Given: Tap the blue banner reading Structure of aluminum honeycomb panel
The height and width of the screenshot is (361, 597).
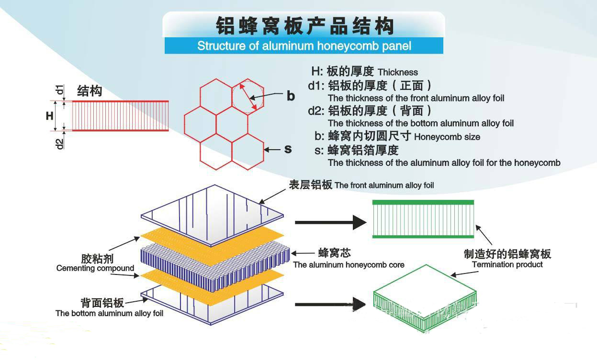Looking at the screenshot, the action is pos(304,46).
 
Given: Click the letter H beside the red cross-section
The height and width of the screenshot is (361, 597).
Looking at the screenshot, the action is pos(50,116).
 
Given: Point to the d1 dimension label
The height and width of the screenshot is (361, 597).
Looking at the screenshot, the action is pos(60,89).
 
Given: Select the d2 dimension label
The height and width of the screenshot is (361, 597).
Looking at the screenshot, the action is pos(60,144).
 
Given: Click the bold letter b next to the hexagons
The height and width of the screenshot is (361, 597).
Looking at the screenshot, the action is pos(291,96).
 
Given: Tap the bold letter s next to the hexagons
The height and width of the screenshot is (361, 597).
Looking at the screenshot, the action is pos(288,149).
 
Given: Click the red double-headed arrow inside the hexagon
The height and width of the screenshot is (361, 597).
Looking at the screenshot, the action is pos(248,97).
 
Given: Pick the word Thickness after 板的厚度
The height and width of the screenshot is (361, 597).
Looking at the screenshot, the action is pos(398,72).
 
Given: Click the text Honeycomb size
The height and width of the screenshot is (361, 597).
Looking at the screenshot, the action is pos(447,137).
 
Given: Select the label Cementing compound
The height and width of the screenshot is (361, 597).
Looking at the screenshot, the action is pos(95,268).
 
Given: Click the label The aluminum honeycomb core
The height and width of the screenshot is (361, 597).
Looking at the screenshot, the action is pos(349,264).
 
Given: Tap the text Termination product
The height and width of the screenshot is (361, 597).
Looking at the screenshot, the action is pos(507,264).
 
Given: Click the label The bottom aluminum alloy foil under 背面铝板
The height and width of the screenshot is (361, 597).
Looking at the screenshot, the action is pos(109,313).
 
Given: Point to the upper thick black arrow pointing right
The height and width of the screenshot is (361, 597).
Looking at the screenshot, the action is pos(330,222).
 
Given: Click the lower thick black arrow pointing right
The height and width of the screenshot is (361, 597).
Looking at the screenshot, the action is pos(330,304).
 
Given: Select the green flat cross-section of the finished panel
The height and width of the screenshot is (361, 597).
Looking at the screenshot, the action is pos(423,219).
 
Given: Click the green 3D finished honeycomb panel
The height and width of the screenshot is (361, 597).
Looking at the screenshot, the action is pos(425,298).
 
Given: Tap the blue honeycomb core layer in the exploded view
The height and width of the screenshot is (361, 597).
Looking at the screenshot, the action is pos(215,268).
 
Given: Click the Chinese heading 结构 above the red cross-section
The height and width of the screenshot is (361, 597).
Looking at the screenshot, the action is pos(90,91).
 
